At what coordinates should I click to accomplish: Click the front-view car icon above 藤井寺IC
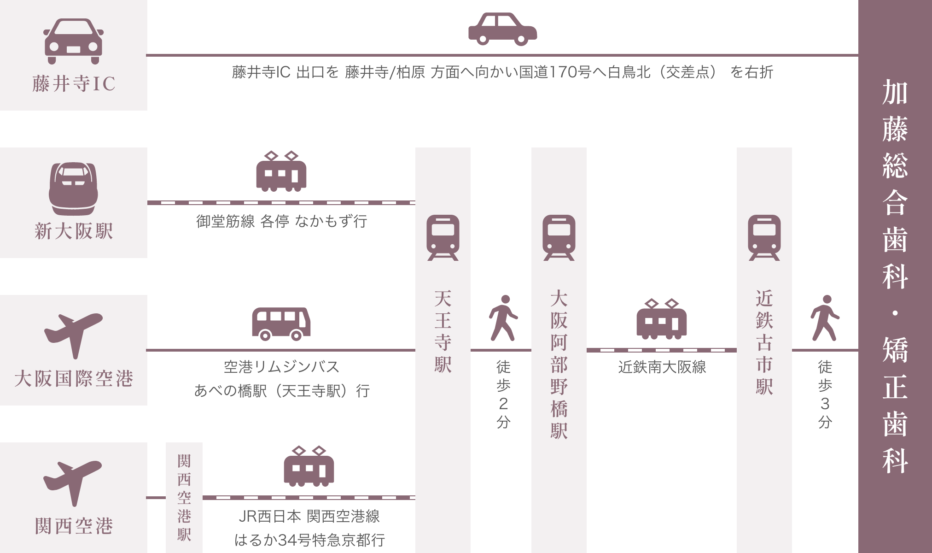(74, 41)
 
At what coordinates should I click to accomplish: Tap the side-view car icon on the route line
(502, 29)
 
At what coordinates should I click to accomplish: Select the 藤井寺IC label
(74, 84)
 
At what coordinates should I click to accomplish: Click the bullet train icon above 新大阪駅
(74, 188)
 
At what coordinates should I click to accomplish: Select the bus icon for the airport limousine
(281, 324)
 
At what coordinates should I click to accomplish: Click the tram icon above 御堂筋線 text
(281, 171)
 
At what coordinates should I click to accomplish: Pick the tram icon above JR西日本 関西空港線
(309, 466)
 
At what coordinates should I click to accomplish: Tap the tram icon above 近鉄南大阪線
(661, 319)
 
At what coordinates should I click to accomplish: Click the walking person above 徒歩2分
(503, 318)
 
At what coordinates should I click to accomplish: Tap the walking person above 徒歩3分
(825, 318)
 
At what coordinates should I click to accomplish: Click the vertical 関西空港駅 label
(184, 498)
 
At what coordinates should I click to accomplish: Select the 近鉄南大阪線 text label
(662, 367)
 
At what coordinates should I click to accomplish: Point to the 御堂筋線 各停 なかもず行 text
(281, 222)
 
